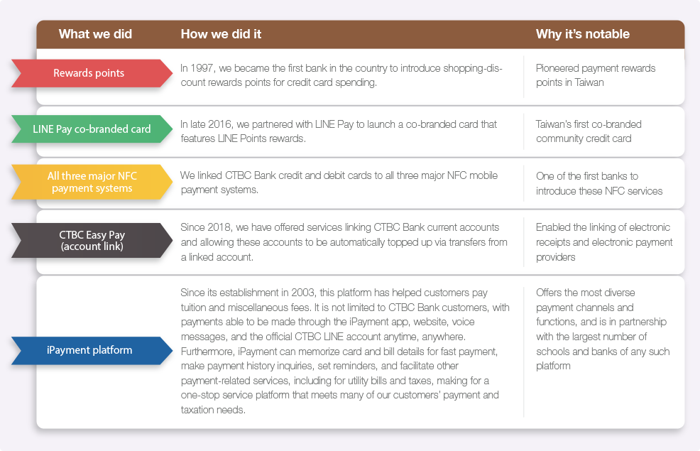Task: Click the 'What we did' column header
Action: [x=95, y=34]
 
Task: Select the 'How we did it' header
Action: [x=221, y=34]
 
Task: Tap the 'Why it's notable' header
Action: [x=583, y=34]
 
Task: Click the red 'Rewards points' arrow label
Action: [x=92, y=72]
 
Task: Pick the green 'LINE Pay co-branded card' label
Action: [x=92, y=129]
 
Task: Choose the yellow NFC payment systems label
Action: [x=92, y=182]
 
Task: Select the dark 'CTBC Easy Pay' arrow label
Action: [x=92, y=240]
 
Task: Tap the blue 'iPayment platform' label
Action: [x=92, y=351]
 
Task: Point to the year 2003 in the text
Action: [x=303, y=293]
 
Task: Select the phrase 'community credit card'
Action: [x=584, y=139]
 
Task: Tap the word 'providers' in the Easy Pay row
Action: [x=555, y=257]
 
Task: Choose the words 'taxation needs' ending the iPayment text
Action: [x=213, y=410]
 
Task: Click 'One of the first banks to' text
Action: [x=587, y=176]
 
